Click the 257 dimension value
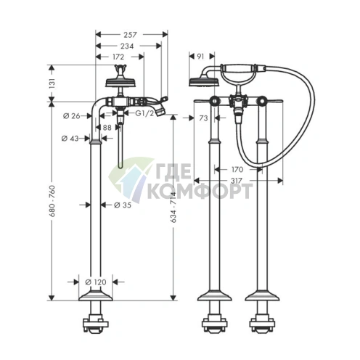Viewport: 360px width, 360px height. point(130,35)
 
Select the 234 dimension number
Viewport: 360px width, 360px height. point(127,46)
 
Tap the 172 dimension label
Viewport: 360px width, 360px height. point(118,57)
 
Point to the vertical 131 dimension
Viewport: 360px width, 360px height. point(52,83)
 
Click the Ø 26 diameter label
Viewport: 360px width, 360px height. point(71,116)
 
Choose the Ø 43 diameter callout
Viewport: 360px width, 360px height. point(70,139)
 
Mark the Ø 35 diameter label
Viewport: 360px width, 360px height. point(123,205)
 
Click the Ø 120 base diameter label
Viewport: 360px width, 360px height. point(96,282)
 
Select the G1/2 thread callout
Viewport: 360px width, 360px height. point(144,113)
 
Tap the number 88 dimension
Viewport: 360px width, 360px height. point(107,127)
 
